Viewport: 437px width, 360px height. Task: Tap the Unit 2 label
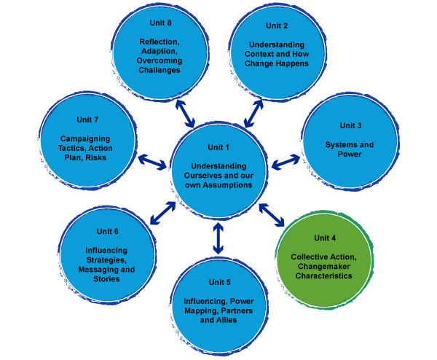276,26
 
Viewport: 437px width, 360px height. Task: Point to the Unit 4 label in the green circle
325,238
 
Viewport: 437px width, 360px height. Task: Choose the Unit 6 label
106,232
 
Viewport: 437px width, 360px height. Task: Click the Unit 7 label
87,119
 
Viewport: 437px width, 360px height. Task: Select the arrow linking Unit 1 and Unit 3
286,160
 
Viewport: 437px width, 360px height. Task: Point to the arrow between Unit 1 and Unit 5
217,237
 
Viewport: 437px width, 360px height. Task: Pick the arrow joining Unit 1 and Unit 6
162,212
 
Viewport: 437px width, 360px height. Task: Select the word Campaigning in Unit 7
87,138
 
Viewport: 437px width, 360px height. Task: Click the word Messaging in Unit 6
99,269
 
